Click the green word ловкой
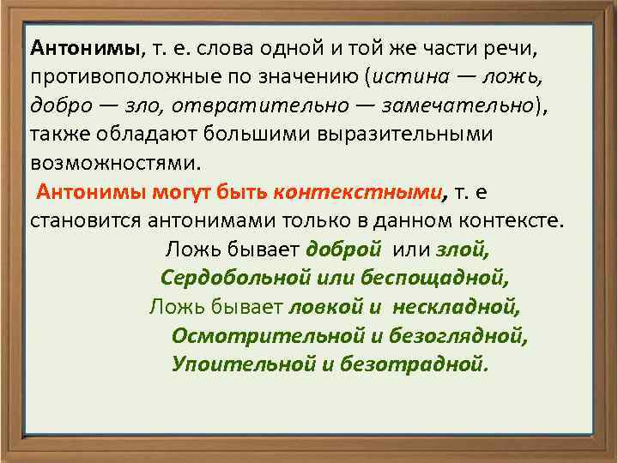coord(323,306)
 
